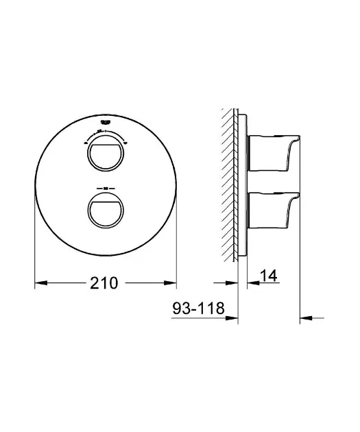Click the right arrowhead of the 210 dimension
173,282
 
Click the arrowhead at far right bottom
307,317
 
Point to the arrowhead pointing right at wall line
232,282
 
